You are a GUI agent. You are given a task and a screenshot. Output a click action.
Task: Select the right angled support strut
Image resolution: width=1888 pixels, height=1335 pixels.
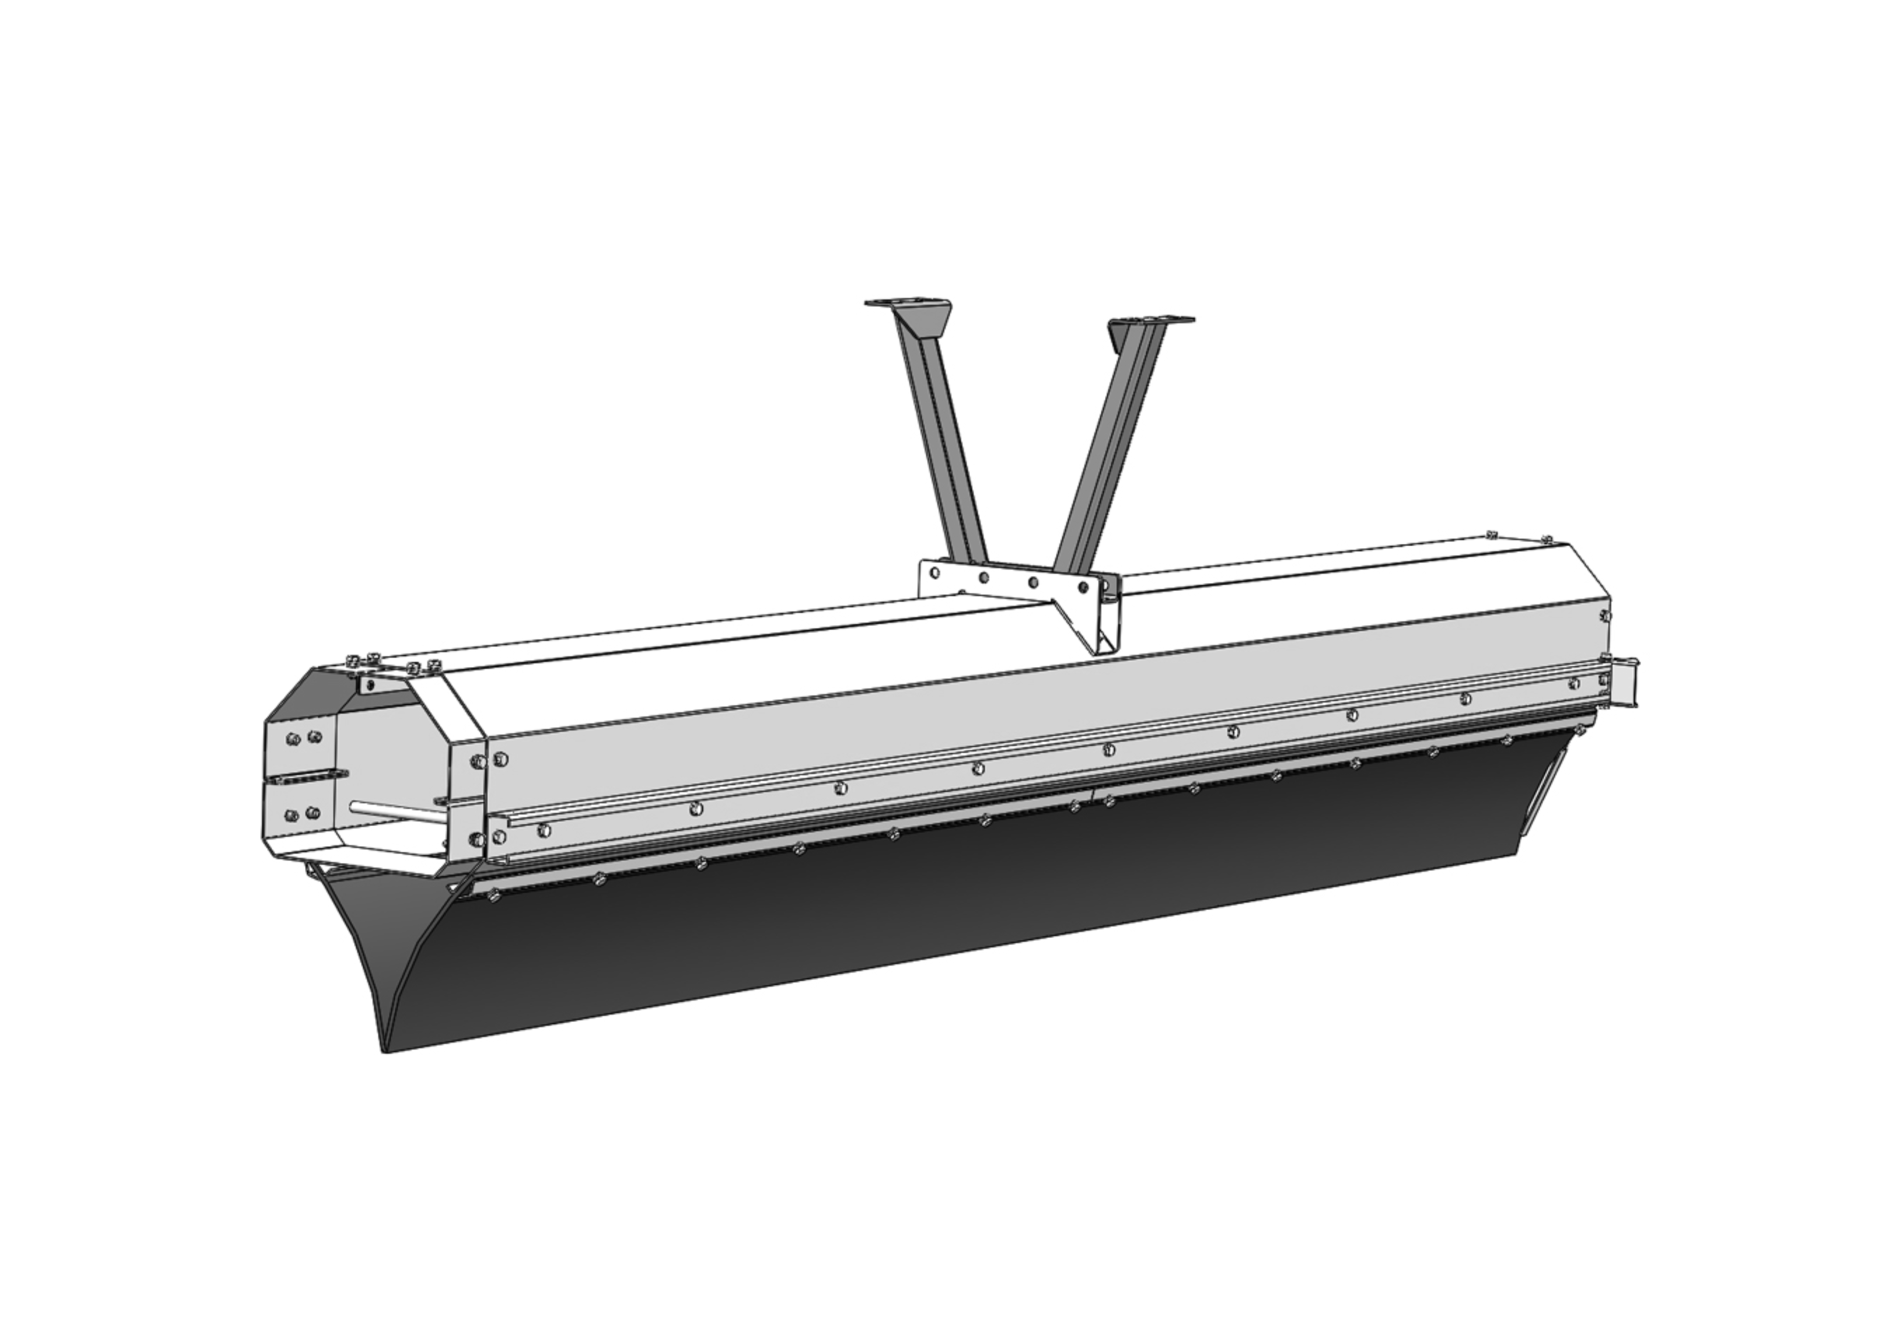[x=1102, y=444]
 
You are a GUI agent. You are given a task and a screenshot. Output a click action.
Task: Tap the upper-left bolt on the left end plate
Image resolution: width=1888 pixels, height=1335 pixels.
[x=291, y=739]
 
